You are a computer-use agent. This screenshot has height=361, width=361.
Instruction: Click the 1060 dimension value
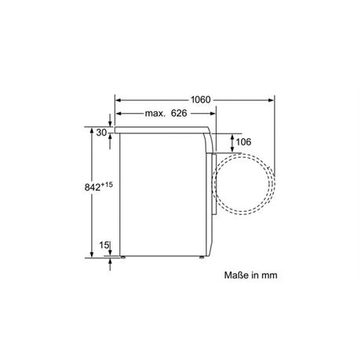(x=200, y=100)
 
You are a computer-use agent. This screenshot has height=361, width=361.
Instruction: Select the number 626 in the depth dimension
(x=179, y=113)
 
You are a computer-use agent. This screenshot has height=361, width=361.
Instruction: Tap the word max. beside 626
(x=155, y=114)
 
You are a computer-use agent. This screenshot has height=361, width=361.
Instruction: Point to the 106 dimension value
(x=243, y=142)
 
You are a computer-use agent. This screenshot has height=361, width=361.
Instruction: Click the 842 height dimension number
(x=93, y=188)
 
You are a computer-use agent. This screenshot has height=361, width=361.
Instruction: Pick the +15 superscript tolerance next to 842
(x=107, y=184)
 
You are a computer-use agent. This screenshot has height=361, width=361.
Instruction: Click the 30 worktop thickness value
(x=101, y=133)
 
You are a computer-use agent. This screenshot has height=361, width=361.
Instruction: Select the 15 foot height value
(x=104, y=245)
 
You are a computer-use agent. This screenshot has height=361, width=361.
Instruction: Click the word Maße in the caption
(x=235, y=275)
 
